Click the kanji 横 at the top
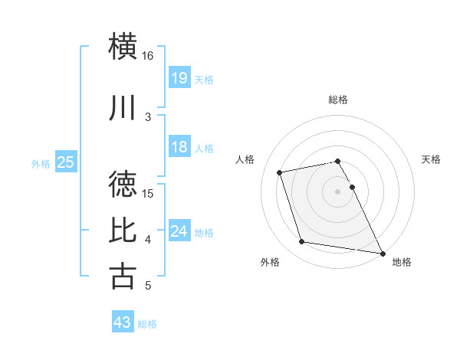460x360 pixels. coord(124,46)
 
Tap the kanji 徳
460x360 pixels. coord(124,184)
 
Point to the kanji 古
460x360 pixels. coord(124,276)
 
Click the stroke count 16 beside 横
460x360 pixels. coord(147,56)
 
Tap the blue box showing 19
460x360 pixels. coord(179,78)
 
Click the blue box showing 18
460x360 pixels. coord(179,147)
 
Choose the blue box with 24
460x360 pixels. coord(179,231)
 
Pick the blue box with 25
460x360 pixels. coord(66,162)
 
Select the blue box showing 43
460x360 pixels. coord(122,322)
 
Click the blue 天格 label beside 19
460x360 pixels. coord(204,79)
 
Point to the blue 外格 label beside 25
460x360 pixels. coord(41,162)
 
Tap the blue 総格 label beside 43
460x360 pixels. coord(147,323)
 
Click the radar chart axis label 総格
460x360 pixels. coord(338,100)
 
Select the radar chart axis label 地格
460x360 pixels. coord(402,263)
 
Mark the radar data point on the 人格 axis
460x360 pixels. coord(280,172)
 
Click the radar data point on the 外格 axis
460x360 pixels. coord(302,242)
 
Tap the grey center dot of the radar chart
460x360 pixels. coord(337,191)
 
